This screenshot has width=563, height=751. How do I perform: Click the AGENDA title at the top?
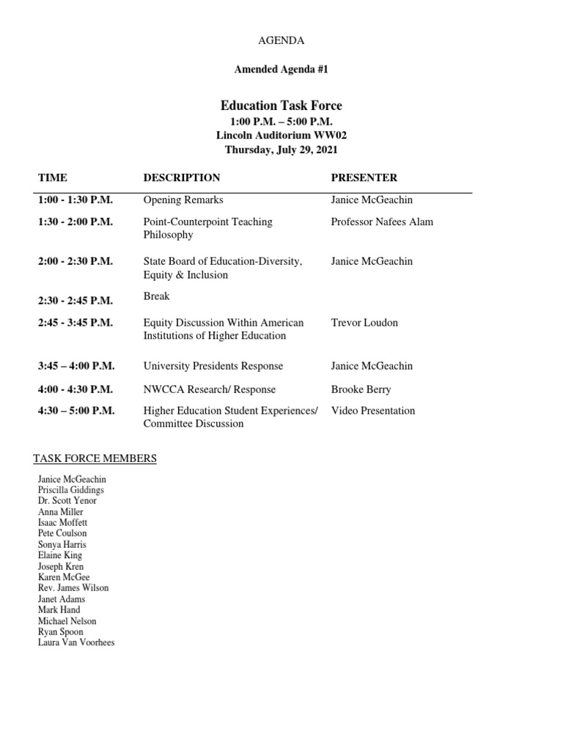(281, 40)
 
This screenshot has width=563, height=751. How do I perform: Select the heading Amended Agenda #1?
(281, 70)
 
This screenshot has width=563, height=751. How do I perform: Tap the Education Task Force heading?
(281, 106)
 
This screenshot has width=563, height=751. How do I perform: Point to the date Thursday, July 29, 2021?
(281, 150)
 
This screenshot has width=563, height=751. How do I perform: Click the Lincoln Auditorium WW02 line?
(281, 136)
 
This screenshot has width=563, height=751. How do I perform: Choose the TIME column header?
(53, 177)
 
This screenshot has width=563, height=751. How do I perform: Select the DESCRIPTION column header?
(182, 177)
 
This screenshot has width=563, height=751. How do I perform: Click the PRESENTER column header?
(364, 177)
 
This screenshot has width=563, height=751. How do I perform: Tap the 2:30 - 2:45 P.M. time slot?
(76, 299)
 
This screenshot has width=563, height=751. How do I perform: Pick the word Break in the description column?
(156, 296)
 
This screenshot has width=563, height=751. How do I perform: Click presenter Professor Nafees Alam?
(382, 221)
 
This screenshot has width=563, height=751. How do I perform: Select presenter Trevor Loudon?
(364, 322)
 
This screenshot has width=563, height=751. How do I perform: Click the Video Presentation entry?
(373, 411)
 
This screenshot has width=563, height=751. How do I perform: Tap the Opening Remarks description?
(183, 199)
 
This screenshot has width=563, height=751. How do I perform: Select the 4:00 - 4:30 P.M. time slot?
(76, 389)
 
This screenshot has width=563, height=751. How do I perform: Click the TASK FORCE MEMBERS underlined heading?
(95, 459)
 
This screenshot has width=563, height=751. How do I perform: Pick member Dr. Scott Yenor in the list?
(67, 501)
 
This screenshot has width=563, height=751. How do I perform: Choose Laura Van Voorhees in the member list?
(76, 642)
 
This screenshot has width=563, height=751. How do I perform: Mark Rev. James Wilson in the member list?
(73, 588)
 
